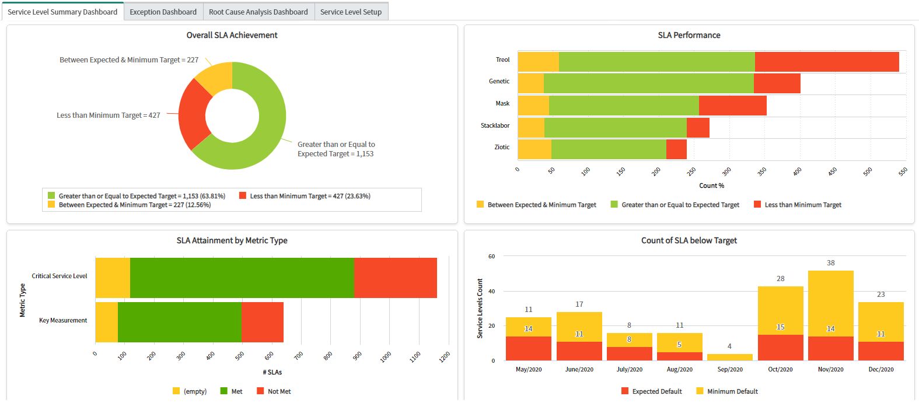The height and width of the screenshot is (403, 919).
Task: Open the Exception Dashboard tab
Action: [163, 12]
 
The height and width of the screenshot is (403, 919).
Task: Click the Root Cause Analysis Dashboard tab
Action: [258, 12]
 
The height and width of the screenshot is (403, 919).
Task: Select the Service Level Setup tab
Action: [351, 12]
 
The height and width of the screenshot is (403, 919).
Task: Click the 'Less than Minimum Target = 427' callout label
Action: [109, 115]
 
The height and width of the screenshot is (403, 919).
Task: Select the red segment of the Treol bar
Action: [826, 62]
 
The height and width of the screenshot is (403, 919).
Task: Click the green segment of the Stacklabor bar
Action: [615, 128]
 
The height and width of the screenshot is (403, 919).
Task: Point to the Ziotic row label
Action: [502, 147]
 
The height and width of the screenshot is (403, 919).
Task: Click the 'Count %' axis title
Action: [711, 185]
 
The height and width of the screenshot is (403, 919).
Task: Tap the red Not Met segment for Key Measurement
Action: [262, 322]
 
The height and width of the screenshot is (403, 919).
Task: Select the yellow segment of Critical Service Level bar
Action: [113, 278]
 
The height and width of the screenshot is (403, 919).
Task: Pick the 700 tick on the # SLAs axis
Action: [298, 355]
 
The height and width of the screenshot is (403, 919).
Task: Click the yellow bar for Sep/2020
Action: [729, 357]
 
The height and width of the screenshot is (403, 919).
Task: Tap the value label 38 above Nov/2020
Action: [830, 263]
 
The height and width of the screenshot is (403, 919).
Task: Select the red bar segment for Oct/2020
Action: [780, 348]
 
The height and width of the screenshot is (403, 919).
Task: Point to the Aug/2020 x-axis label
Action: [679, 369]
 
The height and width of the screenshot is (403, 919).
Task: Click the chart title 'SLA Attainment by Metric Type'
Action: [232, 240]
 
